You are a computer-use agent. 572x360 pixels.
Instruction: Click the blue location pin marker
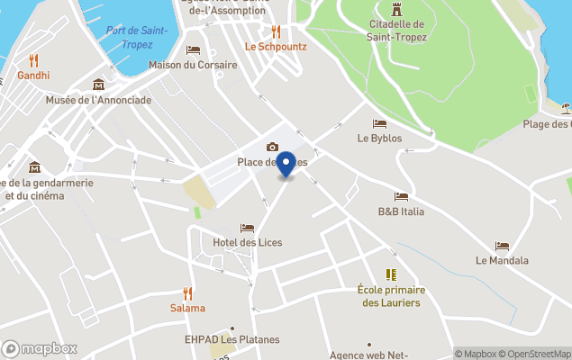coord(286,165)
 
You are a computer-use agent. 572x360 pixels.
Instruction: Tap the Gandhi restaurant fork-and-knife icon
coord(34,60)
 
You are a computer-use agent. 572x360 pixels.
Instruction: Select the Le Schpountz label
coord(276,46)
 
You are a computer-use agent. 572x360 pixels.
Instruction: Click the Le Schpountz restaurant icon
coord(276,31)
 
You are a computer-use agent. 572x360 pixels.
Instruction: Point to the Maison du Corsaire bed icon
coord(193,49)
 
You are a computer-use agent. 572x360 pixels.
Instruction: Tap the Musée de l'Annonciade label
coord(98,100)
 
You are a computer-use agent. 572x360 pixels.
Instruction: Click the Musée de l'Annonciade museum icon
coord(98,85)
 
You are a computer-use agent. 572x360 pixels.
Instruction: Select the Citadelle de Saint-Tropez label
coord(396,31)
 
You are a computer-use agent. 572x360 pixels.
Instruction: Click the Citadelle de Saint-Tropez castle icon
coord(396,7)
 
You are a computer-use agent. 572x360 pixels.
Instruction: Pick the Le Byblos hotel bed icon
coord(379,123)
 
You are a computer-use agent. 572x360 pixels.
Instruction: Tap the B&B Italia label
coord(401,211)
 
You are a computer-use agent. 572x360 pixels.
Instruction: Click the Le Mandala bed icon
coord(502,246)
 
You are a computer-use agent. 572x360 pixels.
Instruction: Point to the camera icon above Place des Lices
coord(272,147)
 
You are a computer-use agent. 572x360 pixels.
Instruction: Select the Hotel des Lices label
coord(247,243)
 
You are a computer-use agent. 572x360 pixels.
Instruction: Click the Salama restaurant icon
coord(188,292)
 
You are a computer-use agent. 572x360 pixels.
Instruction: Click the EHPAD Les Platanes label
coord(232,339)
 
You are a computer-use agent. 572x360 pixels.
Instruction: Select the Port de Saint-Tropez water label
coord(137,37)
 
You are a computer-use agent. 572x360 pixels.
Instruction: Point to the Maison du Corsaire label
coord(193,65)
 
